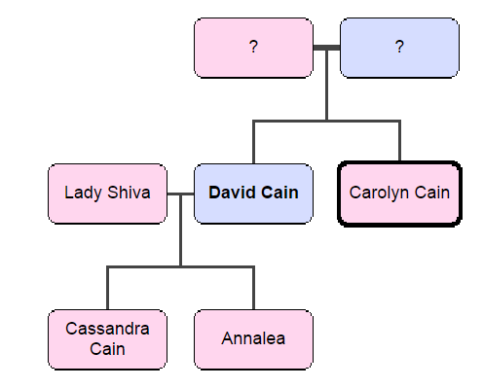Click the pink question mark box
(x=253, y=48)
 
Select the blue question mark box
(x=399, y=48)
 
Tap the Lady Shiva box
(x=107, y=193)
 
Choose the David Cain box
(x=253, y=193)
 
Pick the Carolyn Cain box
(x=399, y=193)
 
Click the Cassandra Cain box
(x=107, y=338)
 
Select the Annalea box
(x=253, y=338)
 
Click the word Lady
(x=82, y=193)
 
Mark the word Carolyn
(x=379, y=193)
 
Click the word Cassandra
(x=107, y=329)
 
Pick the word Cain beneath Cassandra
(x=107, y=348)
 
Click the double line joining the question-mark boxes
(x=326, y=48)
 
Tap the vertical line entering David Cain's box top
(x=253, y=142)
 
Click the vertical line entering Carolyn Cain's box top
(x=399, y=142)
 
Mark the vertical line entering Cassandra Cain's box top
(x=107, y=288)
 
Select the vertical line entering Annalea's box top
(x=253, y=288)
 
